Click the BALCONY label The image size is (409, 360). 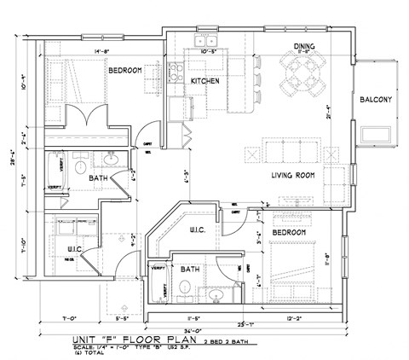click(x=376, y=100)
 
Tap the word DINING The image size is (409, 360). click(x=304, y=46)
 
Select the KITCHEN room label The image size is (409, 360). click(x=205, y=81)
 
